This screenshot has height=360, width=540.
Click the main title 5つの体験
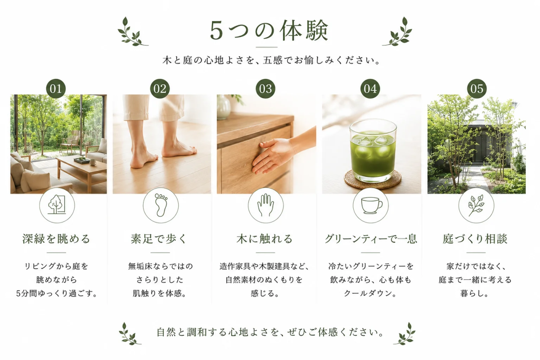[x=269, y=31]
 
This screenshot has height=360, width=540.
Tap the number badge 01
[x=56, y=89]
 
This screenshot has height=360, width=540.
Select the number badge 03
[x=265, y=89]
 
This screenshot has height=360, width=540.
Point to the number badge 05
[x=477, y=89]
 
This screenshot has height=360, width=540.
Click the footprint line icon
[x=161, y=205]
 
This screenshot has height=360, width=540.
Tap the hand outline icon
[x=265, y=205]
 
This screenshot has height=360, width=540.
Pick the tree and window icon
[x=57, y=204]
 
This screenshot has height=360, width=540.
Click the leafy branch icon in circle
[x=476, y=205]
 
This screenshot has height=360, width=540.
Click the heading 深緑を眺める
[x=56, y=238]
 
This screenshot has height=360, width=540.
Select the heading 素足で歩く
[x=159, y=238]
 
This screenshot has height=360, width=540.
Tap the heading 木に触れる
[x=265, y=238]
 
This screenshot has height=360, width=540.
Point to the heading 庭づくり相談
[x=475, y=238]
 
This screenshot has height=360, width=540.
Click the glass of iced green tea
[x=373, y=150]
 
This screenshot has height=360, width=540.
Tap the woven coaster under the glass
[x=373, y=180]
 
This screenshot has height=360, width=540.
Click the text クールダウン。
[x=370, y=293]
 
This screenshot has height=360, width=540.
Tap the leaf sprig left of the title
[x=132, y=32]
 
